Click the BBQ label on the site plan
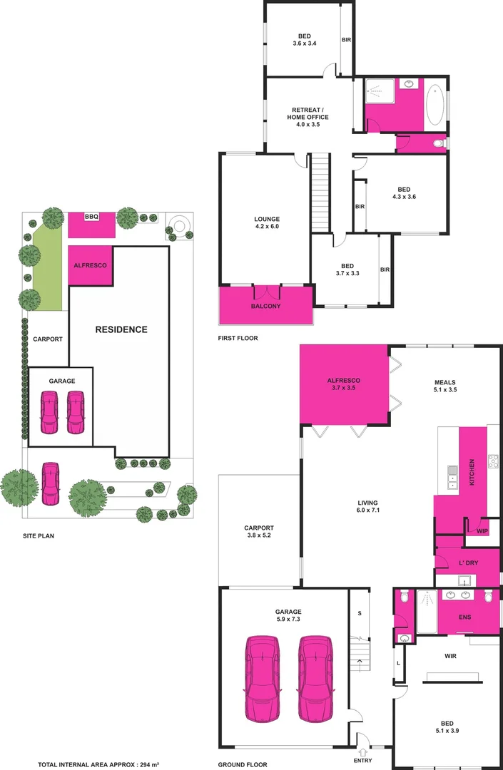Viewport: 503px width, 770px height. coord(91,217)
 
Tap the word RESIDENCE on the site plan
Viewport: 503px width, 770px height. coord(122,329)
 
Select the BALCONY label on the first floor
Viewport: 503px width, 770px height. coord(265,306)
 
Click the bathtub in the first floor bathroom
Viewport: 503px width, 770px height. coord(435,105)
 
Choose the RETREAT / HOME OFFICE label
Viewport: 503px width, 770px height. coord(308,116)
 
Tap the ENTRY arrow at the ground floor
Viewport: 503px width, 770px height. coord(362,751)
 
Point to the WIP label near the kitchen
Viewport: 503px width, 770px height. coord(482,530)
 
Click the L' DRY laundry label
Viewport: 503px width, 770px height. coord(468,563)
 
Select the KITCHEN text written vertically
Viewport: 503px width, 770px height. coord(472,471)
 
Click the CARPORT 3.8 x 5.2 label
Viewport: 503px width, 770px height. coord(258,532)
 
